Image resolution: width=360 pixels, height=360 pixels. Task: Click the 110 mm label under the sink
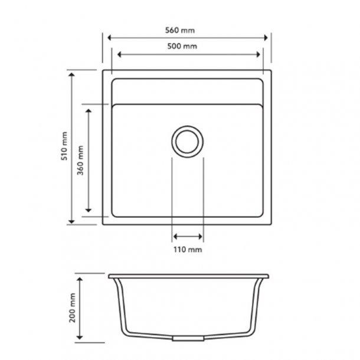tap(188, 250)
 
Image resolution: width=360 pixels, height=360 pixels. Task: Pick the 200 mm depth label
tap(73, 307)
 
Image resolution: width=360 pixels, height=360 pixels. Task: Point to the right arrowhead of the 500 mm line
tap(258, 54)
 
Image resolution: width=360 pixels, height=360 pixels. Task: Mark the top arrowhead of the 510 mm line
tap(72, 74)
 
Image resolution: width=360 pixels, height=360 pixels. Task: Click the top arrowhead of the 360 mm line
tap(88, 110)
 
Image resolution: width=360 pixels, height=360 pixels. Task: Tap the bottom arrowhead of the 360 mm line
tap(88, 210)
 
